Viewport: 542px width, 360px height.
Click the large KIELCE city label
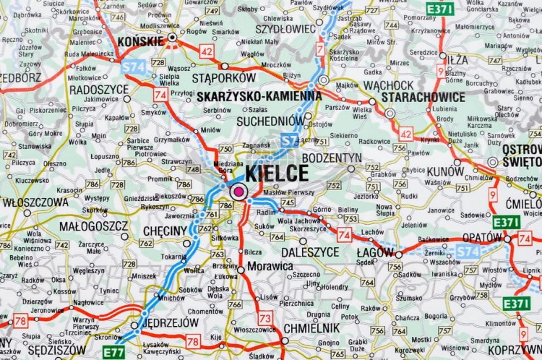(x=277, y=173)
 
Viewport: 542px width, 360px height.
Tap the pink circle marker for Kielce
(x=238, y=192)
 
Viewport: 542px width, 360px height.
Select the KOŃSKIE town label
(x=140, y=41)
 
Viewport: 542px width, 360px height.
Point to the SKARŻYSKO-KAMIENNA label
(x=259, y=95)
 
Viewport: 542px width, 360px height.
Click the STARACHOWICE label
(x=423, y=97)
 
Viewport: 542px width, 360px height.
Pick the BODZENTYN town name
(x=332, y=158)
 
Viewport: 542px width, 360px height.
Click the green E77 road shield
(x=113, y=352)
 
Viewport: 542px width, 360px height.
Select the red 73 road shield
(x=266, y=317)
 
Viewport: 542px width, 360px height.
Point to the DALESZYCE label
(x=309, y=252)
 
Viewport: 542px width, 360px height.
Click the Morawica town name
(x=270, y=266)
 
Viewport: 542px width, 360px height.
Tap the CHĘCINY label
(x=165, y=230)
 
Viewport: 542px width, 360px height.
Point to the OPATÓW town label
(x=481, y=238)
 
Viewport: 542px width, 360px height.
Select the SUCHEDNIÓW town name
(x=271, y=121)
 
